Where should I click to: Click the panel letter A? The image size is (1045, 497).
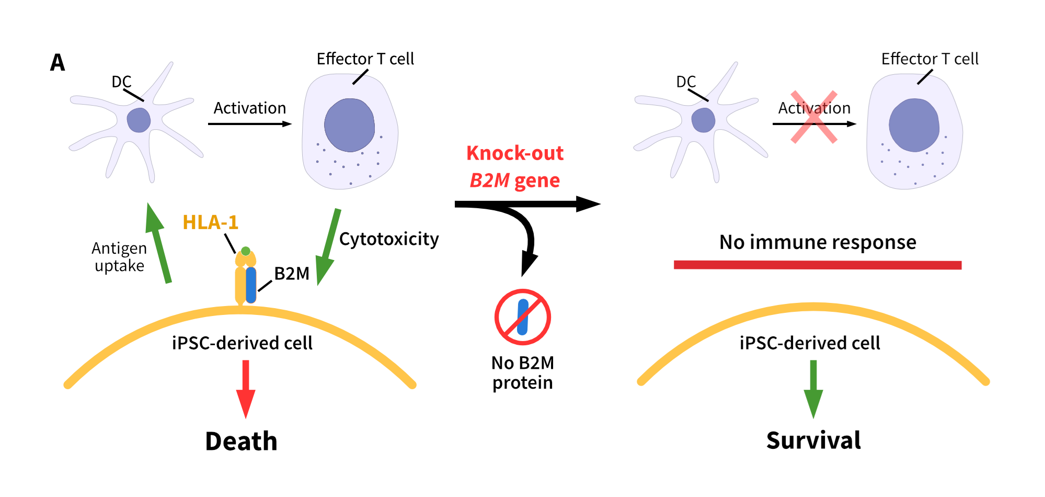[x=58, y=63]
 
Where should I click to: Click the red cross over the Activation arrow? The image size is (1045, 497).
[x=813, y=117]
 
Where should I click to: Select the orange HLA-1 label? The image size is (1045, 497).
[x=210, y=222]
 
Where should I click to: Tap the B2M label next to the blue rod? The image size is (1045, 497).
[x=292, y=274]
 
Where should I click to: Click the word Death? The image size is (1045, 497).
[x=241, y=441]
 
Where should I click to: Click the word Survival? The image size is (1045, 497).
[x=813, y=440]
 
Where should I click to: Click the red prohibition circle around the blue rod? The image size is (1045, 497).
[x=523, y=317]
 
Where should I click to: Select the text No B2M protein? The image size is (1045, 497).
[x=523, y=372]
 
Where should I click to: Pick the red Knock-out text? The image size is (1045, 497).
[x=514, y=153]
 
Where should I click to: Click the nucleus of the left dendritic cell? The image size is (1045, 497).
[x=139, y=120]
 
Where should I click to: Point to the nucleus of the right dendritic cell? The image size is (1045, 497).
[x=703, y=120]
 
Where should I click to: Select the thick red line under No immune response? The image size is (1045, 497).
[x=817, y=265]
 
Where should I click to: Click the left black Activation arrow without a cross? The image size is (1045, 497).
[x=249, y=124]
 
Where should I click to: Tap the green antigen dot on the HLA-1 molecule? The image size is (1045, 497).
[x=246, y=251]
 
